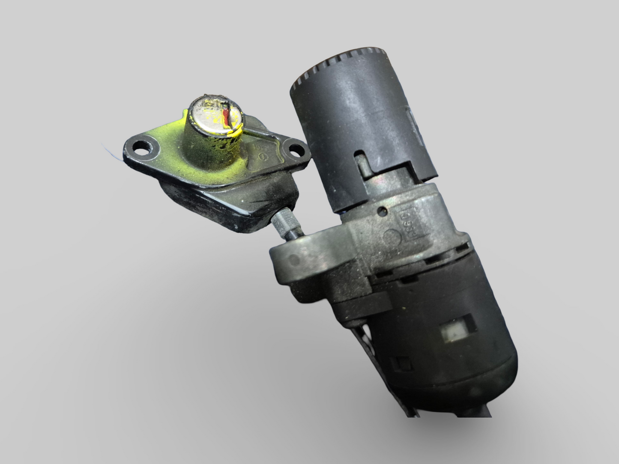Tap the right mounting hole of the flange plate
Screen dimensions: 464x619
coord(296,150)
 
